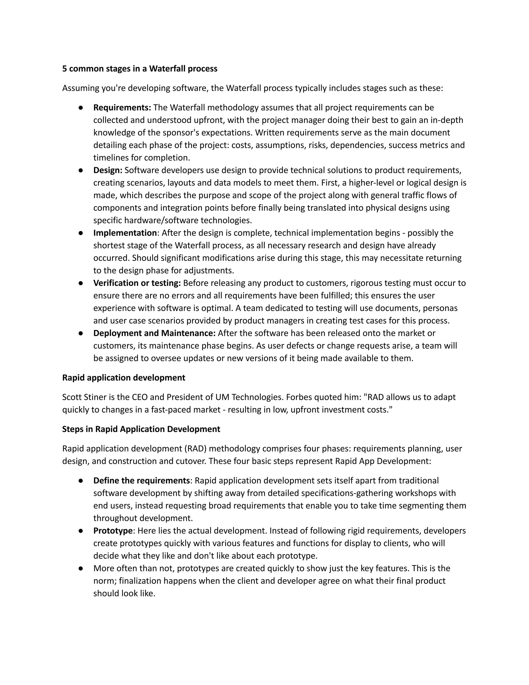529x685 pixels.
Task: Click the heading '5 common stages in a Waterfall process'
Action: (139, 69)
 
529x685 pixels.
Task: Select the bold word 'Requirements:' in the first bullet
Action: (122, 108)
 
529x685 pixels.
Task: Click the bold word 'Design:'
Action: (108, 170)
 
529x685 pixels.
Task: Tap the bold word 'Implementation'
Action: (125, 233)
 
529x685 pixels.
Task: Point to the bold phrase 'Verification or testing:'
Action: (137, 283)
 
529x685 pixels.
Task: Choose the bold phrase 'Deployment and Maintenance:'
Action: (154, 333)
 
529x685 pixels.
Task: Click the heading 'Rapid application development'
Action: (123, 378)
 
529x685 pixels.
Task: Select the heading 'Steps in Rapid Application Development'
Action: (141, 429)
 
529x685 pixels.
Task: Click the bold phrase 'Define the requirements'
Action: (142, 481)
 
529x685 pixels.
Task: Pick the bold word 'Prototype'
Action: (113, 531)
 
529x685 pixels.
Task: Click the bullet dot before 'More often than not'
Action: (81, 568)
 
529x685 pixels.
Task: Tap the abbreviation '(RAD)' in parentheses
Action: (196, 448)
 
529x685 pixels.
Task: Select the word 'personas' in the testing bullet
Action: (440, 308)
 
